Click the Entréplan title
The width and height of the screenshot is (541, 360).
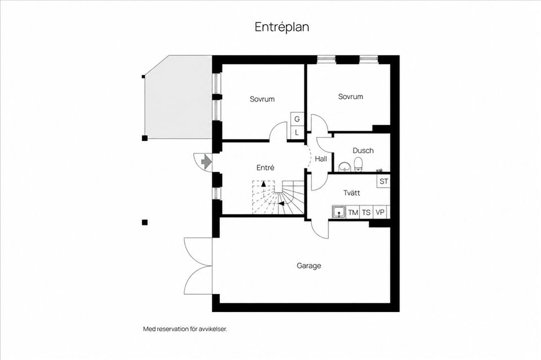click(282, 27)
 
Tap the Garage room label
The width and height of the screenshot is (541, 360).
click(309, 266)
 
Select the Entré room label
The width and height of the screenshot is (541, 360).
click(265, 167)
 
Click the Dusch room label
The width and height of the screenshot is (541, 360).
click(363, 150)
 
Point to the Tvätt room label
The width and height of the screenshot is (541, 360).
click(352, 193)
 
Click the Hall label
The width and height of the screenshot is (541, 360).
click(321, 159)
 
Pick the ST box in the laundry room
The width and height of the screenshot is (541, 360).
click(383, 181)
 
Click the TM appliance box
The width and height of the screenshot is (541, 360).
click(353, 212)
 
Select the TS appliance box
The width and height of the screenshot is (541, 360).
click(366, 212)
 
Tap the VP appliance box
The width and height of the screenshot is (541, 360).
click(380, 212)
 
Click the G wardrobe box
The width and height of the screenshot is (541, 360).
click(297, 119)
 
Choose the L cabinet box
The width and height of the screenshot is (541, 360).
click(297, 133)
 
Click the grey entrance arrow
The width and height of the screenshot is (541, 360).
click(206, 161)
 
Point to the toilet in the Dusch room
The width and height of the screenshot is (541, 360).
click(358, 164)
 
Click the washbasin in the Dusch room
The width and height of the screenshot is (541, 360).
click(344, 167)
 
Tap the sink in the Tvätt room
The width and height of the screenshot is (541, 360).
click(339, 212)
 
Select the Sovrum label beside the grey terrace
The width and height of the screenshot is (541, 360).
click(262, 99)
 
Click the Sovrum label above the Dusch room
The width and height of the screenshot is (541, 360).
click(351, 96)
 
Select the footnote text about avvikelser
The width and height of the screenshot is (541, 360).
click(185, 329)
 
